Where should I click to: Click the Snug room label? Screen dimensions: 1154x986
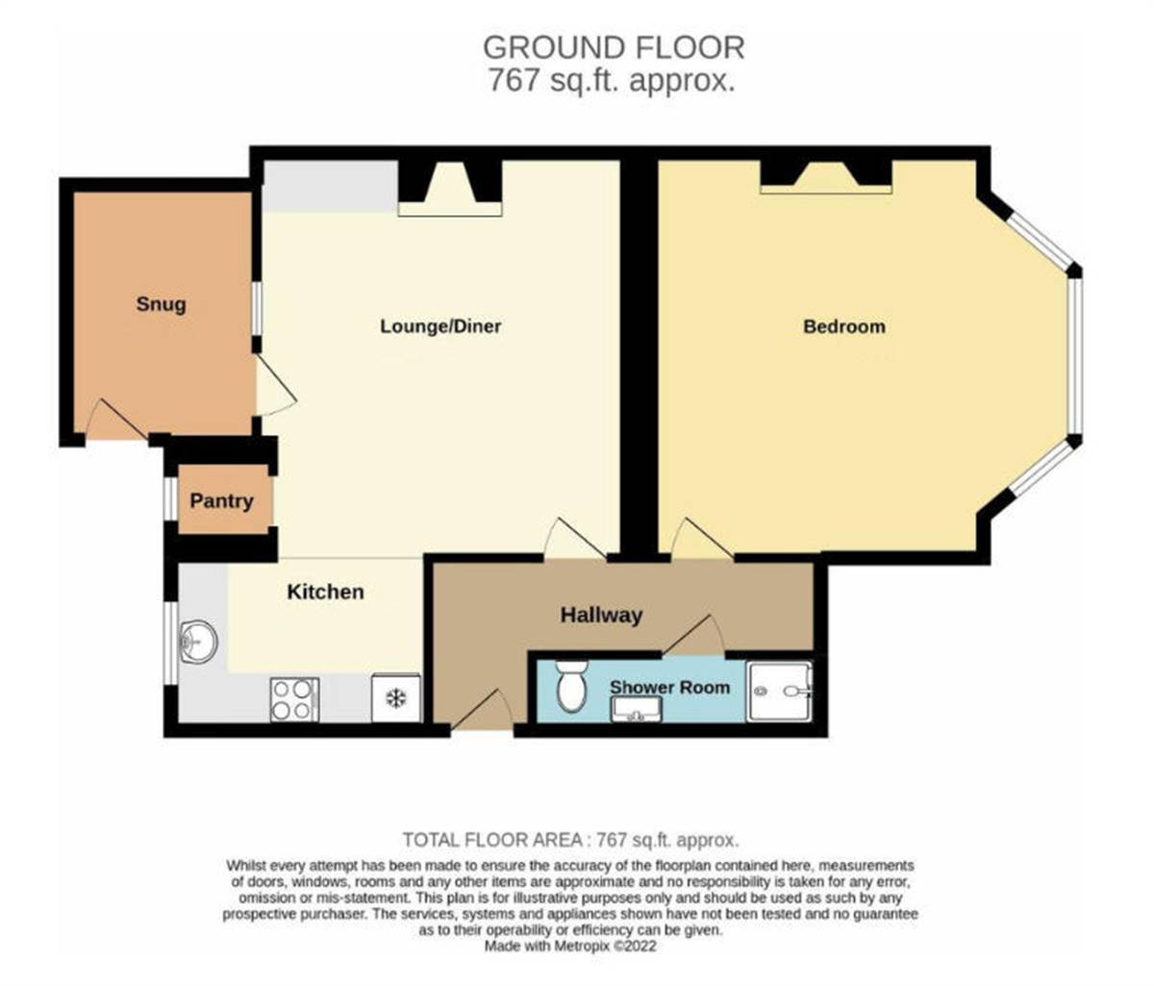[x=161, y=305]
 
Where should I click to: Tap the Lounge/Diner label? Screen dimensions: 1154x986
[x=440, y=326]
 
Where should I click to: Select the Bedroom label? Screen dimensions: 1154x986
[x=844, y=327]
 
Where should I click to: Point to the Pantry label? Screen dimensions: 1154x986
[x=221, y=501]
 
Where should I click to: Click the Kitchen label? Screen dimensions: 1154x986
[x=325, y=592]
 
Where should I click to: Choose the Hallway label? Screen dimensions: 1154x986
[x=601, y=616]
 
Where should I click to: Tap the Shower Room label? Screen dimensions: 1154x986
[x=670, y=687]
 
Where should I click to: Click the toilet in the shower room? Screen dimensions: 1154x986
[x=571, y=686]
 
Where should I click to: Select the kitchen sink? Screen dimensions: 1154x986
[x=198, y=642]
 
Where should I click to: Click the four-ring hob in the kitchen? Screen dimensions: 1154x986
[x=294, y=699]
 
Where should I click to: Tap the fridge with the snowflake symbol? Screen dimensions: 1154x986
[x=396, y=698]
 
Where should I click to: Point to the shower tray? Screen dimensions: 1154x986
[x=779, y=692]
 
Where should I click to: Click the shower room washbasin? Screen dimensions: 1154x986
[x=636, y=709]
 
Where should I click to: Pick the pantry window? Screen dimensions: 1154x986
[x=171, y=498]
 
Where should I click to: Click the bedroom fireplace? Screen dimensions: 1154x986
[x=826, y=177]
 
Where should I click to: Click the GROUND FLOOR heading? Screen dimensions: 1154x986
[x=614, y=47]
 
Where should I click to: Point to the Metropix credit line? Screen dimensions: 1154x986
[x=570, y=947]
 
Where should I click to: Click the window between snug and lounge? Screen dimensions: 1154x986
[x=256, y=309]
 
